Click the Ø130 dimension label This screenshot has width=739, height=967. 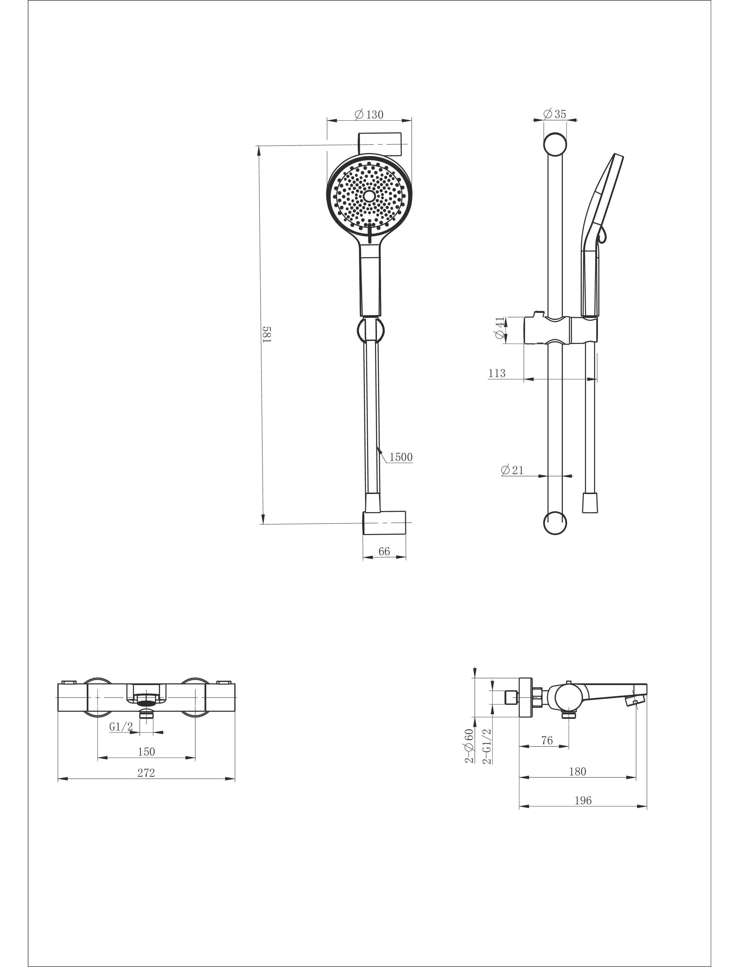(369, 115)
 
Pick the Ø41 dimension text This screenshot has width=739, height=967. (499, 328)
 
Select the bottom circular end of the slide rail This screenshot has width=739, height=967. (555, 523)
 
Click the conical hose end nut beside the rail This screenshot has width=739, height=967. (590, 503)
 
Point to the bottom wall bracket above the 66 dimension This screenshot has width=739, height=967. (384, 523)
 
